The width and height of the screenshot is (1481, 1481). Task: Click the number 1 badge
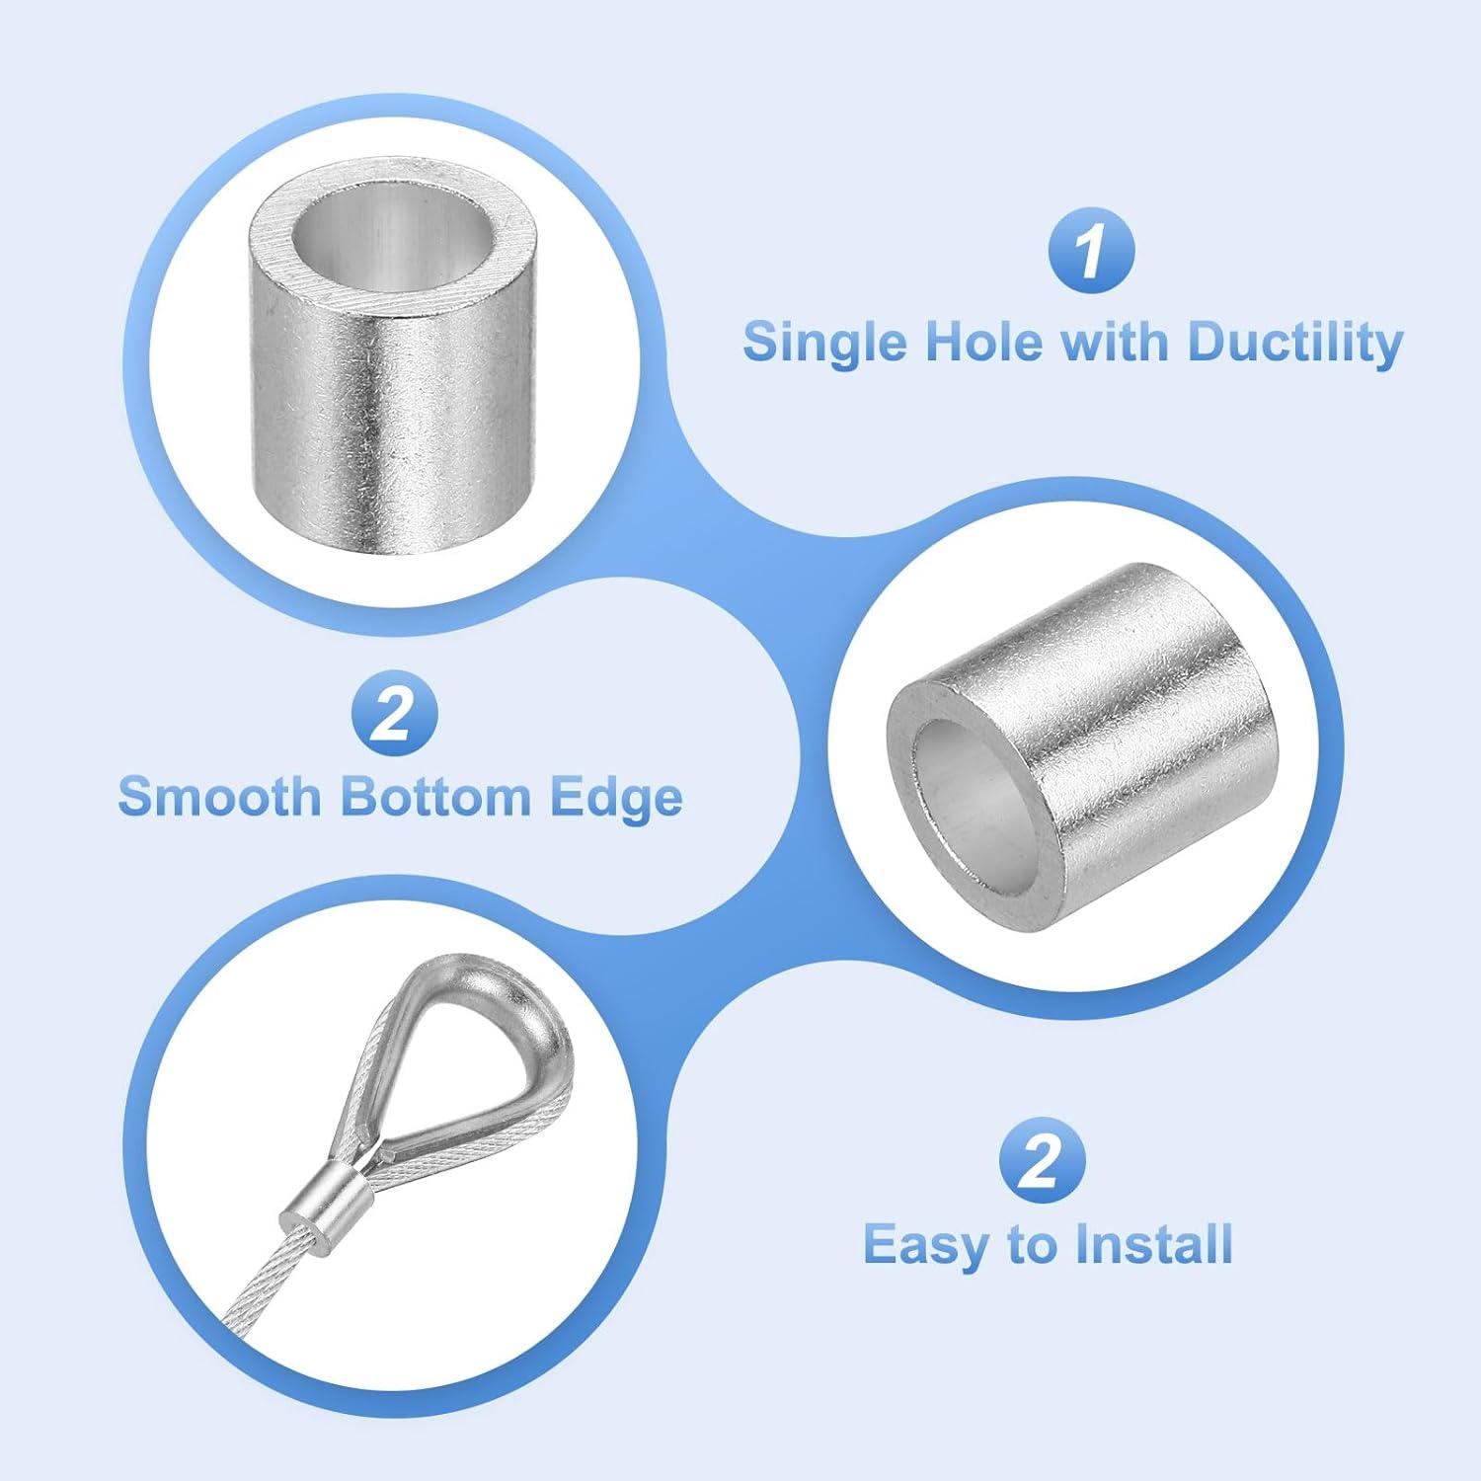pos(1090,253)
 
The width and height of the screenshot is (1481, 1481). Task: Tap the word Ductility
pos(1294,343)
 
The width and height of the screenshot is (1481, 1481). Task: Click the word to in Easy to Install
pos(1031,1245)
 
